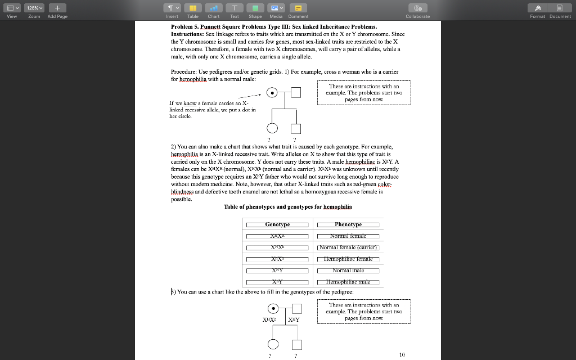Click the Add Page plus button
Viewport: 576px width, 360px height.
click(x=57, y=8)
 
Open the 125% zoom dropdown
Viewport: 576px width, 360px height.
click(x=35, y=8)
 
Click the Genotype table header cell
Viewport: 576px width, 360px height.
click(x=277, y=224)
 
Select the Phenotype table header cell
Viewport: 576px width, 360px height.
click(x=348, y=224)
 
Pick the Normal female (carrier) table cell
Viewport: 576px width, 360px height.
click(x=348, y=247)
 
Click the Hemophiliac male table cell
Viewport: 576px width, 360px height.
click(x=348, y=282)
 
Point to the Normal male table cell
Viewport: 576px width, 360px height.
click(x=348, y=271)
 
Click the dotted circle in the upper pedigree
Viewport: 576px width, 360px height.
click(x=272, y=93)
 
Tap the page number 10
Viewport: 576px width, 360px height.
click(x=402, y=354)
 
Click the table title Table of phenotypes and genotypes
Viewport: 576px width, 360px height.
click(x=288, y=206)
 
